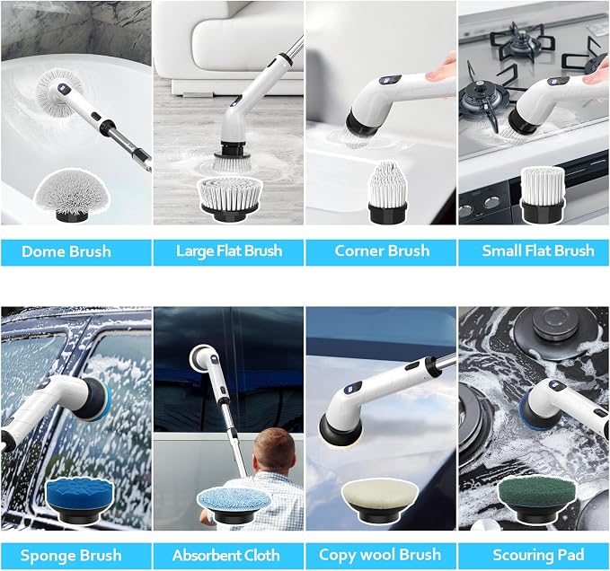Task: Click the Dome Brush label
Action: coord(66,251)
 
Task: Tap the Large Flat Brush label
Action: coord(229,250)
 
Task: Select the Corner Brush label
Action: coord(382,250)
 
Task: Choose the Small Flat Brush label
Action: coord(538,250)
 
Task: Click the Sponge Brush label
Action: coord(71,556)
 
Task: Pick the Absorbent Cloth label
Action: coord(226,555)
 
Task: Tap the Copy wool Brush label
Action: coord(380,555)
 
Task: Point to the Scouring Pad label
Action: coord(538,555)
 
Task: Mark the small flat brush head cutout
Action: coord(542,195)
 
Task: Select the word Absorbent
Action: coord(208,555)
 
